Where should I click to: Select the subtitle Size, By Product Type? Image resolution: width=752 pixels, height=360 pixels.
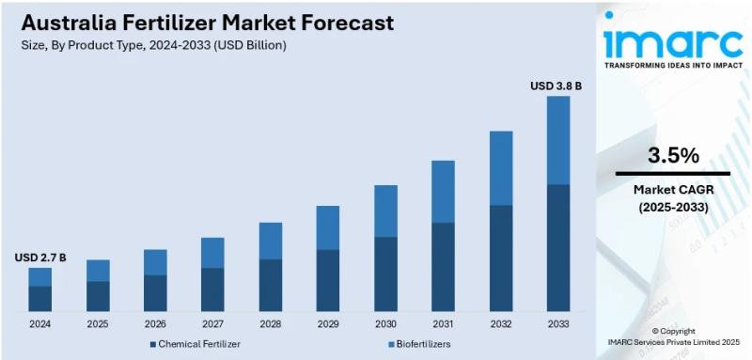point(150,45)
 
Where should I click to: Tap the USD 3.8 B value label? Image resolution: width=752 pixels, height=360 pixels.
point(556,86)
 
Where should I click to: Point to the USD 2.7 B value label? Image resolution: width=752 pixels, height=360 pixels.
point(39,258)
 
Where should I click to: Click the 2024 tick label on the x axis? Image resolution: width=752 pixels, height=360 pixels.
point(39,324)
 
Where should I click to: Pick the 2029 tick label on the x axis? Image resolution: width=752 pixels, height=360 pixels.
point(327,324)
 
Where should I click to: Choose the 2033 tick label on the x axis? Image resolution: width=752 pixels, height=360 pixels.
point(558,324)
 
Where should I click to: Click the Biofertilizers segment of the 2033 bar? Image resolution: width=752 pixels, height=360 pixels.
point(558,140)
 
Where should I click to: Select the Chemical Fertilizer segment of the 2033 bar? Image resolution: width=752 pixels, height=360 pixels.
point(558,248)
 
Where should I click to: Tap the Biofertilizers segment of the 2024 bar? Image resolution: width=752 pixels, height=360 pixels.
point(39,276)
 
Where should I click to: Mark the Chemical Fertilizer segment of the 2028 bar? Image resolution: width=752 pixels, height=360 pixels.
point(270,285)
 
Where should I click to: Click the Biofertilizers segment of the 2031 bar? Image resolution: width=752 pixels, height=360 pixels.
point(443,192)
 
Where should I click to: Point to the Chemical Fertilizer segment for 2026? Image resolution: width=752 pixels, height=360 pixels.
point(155,292)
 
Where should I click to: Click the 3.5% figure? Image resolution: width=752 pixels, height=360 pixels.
point(673,155)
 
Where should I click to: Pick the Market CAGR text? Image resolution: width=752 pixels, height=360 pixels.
point(673,191)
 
